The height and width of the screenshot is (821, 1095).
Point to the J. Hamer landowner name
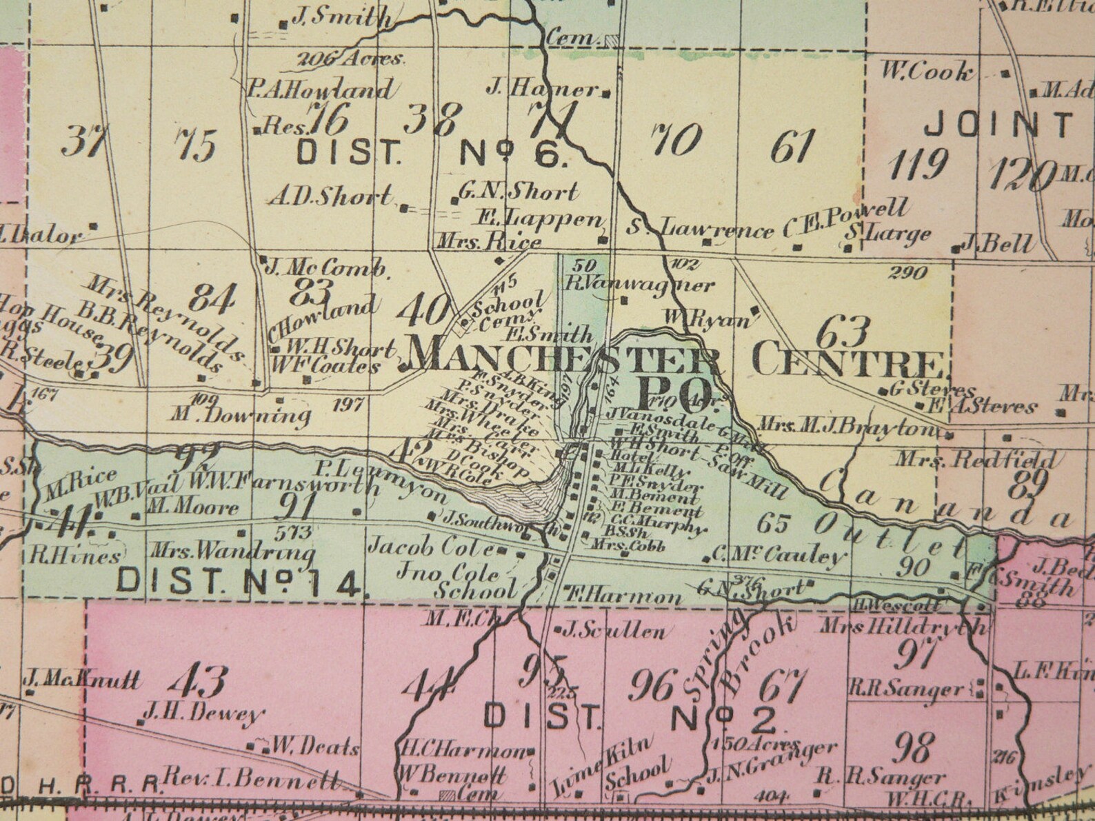[x=542, y=88]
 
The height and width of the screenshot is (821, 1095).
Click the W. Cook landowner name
[x=928, y=72]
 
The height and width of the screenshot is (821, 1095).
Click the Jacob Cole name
[x=431, y=549]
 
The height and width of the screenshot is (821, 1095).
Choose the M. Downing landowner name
[x=240, y=415]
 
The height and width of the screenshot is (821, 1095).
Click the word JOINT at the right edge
[x=998, y=125]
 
